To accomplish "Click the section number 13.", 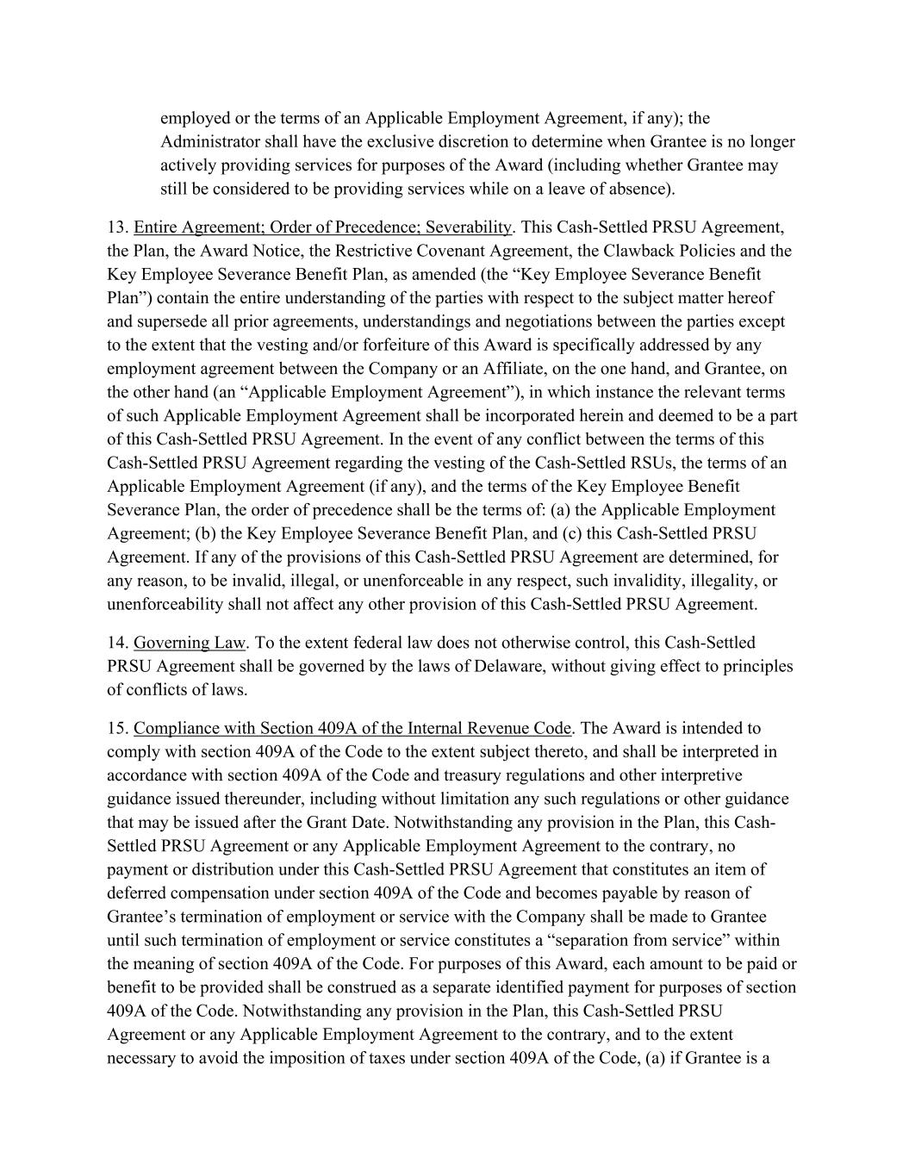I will point(117,227).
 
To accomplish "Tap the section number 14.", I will point(117,643).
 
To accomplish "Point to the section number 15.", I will point(117,729).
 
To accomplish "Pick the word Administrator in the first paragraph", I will point(209,141).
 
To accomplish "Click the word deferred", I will point(138,893).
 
